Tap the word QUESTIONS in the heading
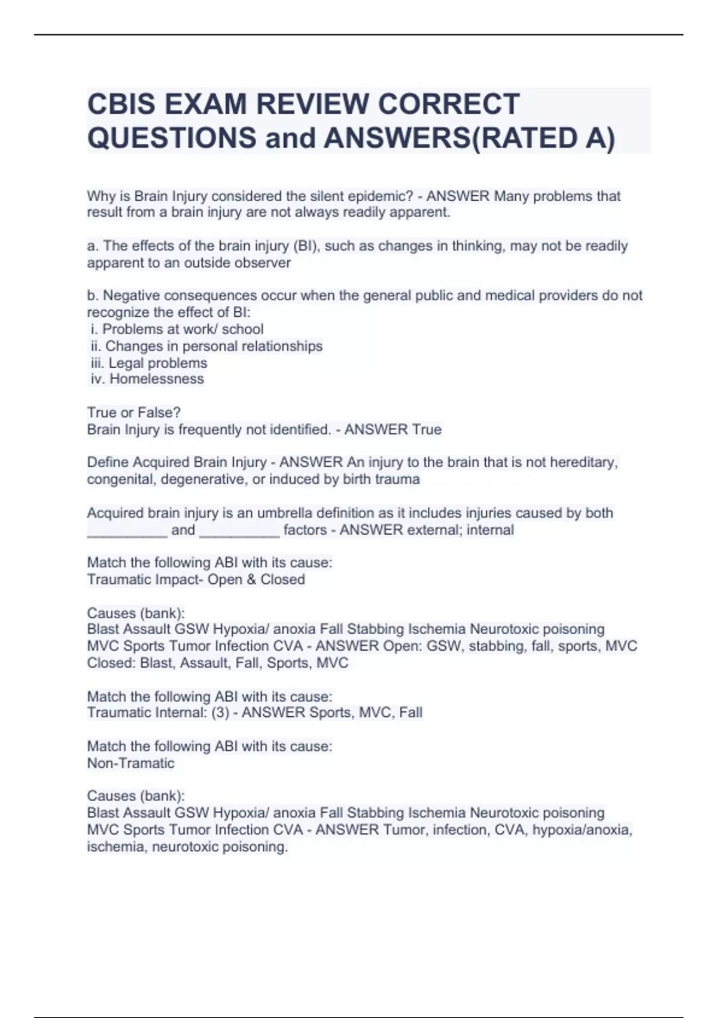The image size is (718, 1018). pyautogui.click(x=172, y=138)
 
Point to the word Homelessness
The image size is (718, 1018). pyautogui.click(x=157, y=379)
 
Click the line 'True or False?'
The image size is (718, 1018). pyautogui.click(x=133, y=413)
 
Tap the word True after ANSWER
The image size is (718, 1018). pyautogui.click(x=427, y=429)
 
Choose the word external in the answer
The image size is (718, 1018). pyautogui.click(x=433, y=530)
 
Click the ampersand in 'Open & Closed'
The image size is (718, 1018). pyautogui.click(x=251, y=580)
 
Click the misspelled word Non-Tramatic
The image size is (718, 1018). pyautogui.click(x=130, y=764)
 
